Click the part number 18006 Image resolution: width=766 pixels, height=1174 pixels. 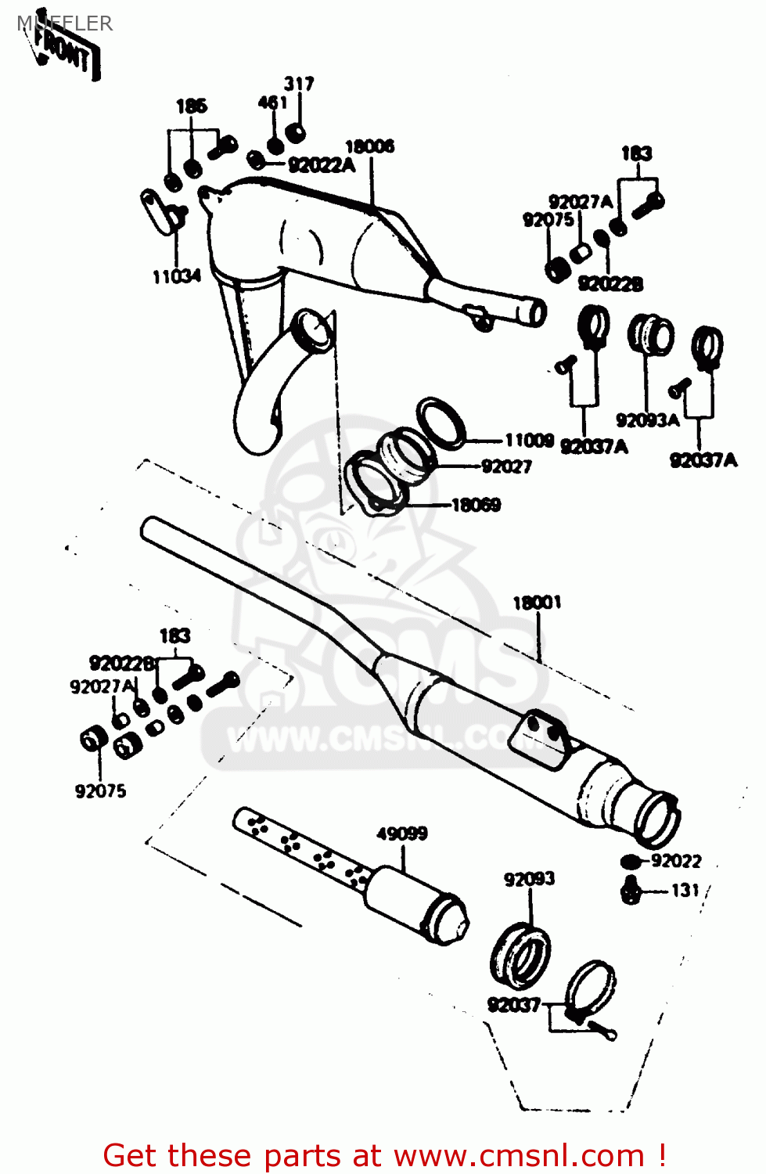coord(370,146)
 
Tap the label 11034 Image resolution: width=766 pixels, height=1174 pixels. coord(176,276)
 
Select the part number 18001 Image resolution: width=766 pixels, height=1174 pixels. coord(537,603)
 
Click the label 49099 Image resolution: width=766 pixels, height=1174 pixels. coord(402,834)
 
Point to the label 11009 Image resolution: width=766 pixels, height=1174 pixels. coord(529,441)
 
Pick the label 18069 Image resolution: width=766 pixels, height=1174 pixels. coord(476,505)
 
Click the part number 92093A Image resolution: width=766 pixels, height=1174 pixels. coord(647,420)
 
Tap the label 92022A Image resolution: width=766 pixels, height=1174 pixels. coord(321,165)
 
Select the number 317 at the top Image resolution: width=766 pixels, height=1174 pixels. coord(299,84)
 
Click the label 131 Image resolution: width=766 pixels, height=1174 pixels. coord(685,890)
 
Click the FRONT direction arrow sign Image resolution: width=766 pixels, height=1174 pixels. coord(67,53)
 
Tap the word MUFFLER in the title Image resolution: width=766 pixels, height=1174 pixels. coord(65,23)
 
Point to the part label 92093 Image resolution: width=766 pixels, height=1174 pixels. coord(529,879)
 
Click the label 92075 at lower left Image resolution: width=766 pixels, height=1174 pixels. coord(100,790)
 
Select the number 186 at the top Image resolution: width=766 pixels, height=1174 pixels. coord(191,106)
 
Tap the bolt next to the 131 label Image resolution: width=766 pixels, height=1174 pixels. coord(631,890)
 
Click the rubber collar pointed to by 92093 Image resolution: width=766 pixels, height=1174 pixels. coord(520,952)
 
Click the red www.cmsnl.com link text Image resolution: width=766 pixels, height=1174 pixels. coord(518,1155)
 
